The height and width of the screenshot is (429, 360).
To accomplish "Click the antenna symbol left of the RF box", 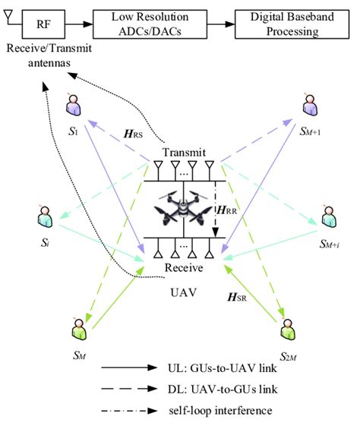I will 9,17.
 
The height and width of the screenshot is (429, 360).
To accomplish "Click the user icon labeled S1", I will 72,104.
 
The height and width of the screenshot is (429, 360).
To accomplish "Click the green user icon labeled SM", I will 76,328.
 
